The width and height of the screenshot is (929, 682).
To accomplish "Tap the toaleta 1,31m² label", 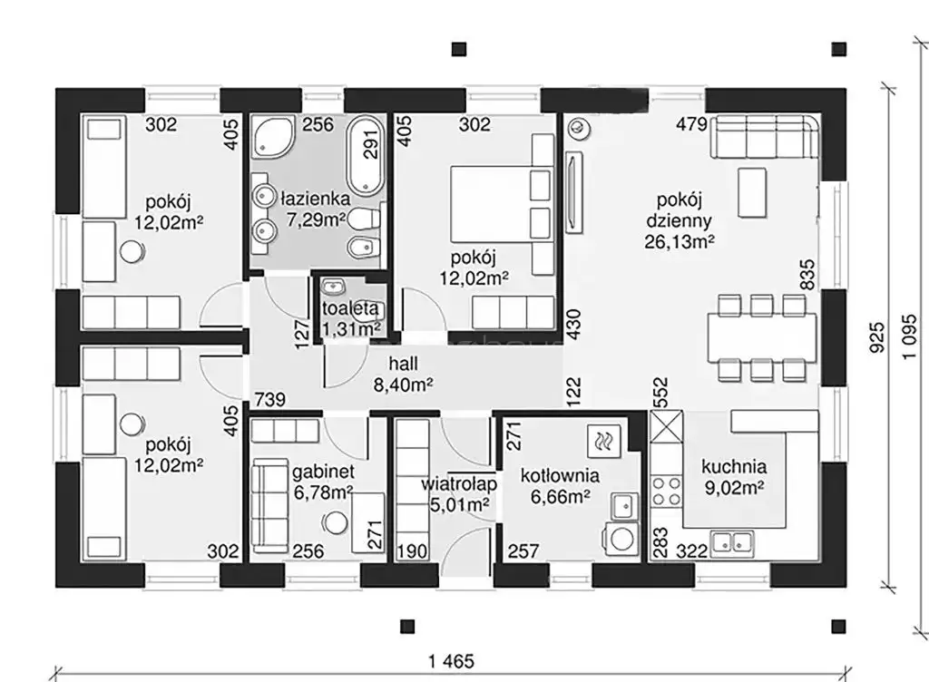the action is tap(350, 318).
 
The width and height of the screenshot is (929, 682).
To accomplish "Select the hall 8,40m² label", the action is tap(403, 375).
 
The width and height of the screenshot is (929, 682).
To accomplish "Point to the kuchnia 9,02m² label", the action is tap(734, 476).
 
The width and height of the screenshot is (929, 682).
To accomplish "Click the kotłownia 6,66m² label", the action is tap(560, 486).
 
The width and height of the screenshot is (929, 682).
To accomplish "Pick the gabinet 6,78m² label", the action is tap(324, 482).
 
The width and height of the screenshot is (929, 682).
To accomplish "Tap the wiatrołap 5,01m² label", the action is tap(459, 493).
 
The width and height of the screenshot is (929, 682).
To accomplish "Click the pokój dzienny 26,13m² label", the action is tap(679, 220).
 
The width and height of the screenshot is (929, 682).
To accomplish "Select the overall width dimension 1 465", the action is tap(452, 660).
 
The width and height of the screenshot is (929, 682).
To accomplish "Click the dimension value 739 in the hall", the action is tap(270, 400).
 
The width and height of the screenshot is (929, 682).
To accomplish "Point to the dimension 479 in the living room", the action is tap(691, 124).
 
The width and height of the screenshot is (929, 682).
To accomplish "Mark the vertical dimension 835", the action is tap(807, 275).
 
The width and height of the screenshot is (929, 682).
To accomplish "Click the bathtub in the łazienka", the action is tap(366, 155).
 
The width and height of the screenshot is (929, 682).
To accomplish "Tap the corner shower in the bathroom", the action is tap(272, 137).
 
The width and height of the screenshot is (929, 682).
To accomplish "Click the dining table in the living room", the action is tap(762, 338).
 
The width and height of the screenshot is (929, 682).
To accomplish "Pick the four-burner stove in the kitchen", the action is tap(666, 492).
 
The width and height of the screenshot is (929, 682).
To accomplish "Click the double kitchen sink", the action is tap(733, 541).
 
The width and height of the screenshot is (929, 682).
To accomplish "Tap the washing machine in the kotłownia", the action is tap(621, 540).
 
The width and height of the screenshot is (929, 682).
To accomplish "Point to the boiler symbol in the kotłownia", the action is tap(603, 441).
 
